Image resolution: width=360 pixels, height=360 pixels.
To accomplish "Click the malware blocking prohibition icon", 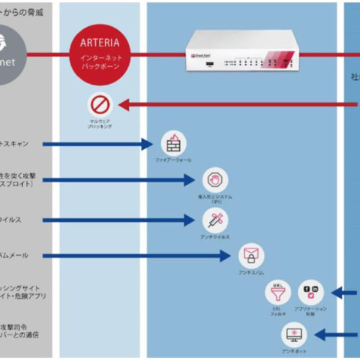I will point(100,105).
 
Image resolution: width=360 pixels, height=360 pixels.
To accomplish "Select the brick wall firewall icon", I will point(173,142).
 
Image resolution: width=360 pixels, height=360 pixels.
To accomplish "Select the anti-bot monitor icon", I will point(293,334).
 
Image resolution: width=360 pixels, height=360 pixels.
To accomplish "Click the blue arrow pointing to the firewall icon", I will point(97,143).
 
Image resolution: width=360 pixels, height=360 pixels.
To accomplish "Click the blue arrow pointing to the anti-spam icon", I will point(135,256).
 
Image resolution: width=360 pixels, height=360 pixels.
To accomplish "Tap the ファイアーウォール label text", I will point(173,160).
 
